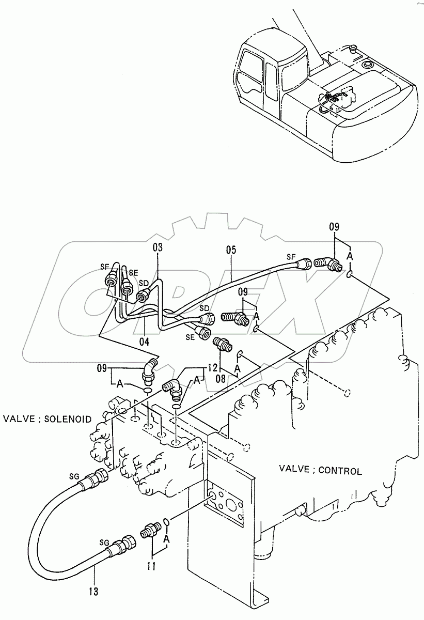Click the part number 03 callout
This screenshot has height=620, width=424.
click(158, 248)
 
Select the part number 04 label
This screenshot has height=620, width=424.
click(144, 341)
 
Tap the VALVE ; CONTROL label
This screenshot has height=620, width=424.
click(320, 470)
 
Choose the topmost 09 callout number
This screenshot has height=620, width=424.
click(335, 226)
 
